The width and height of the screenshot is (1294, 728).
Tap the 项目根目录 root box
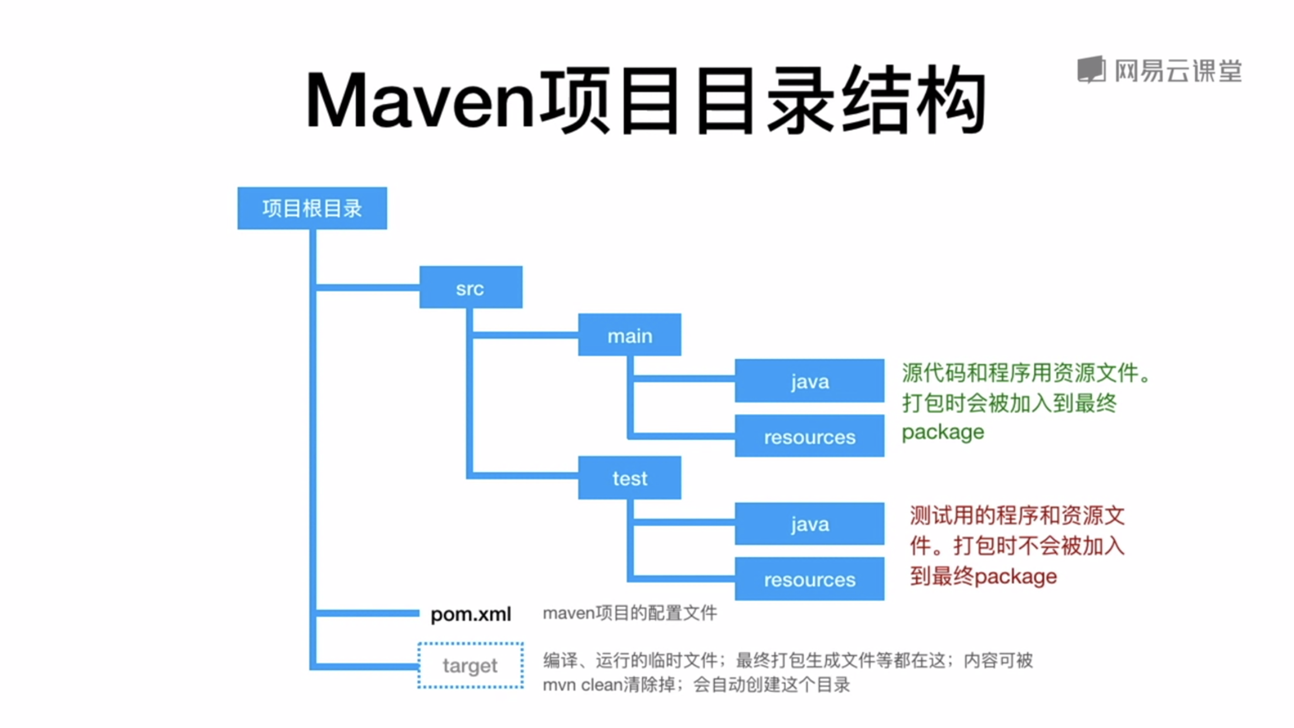[x=312, y=208]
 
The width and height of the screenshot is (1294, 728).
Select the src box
[x=471, y=287]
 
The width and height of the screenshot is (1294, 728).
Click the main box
[x=629, y=335]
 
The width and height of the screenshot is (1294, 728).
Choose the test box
[x=629, y=478]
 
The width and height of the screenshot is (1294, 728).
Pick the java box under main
[x=809, y=380]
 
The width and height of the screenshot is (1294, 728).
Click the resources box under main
[x=809, y=436]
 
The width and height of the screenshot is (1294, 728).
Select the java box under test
[x=809, y=523]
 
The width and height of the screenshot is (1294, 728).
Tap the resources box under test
[x=809, y=579]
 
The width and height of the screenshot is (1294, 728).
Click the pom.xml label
[x=471, y=614]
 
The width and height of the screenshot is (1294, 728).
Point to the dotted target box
[x=471, y=665]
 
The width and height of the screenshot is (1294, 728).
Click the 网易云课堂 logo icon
[x=1091, y=70]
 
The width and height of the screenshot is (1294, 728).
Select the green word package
[x=942, y=433]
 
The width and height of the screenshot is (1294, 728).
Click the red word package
[x=1016, y=577]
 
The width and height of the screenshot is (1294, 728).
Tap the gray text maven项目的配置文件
[x=629, y=613]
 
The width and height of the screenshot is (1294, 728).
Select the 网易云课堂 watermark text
[x=1178, y=71]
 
